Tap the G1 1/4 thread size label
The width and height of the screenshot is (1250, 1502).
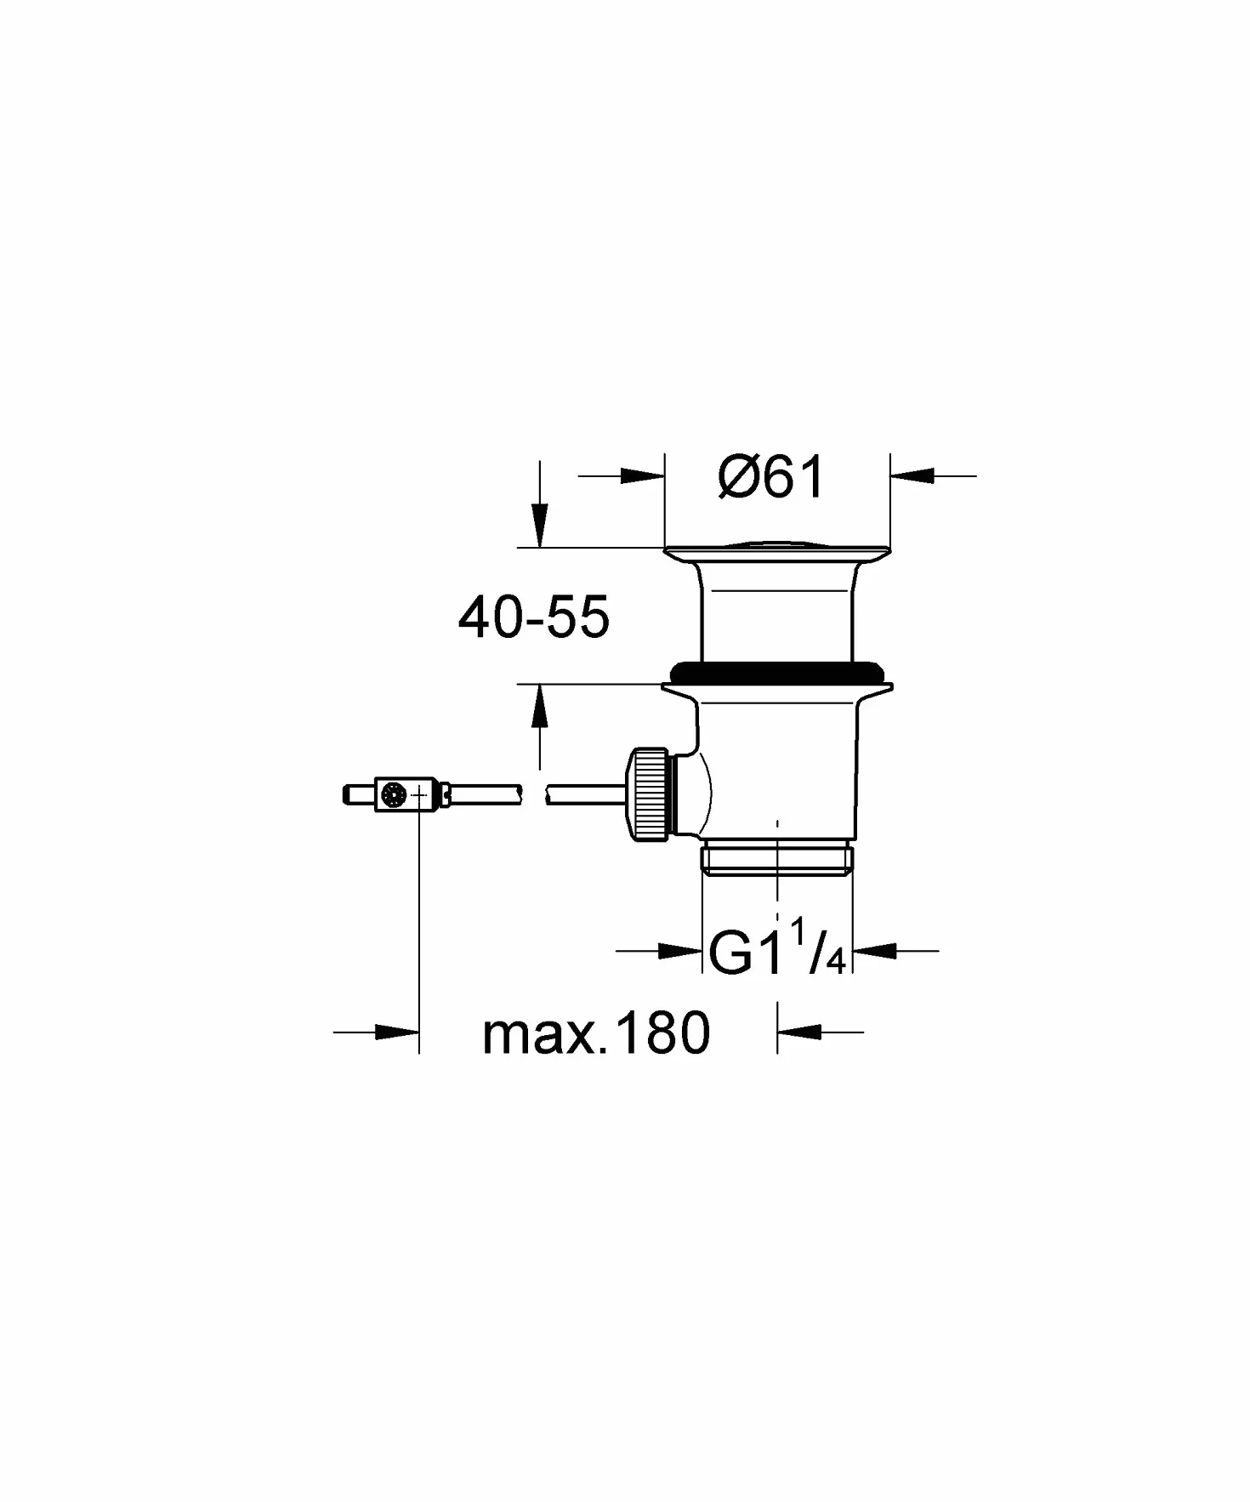[776, 951]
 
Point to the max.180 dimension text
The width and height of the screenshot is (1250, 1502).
[596, 1033]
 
